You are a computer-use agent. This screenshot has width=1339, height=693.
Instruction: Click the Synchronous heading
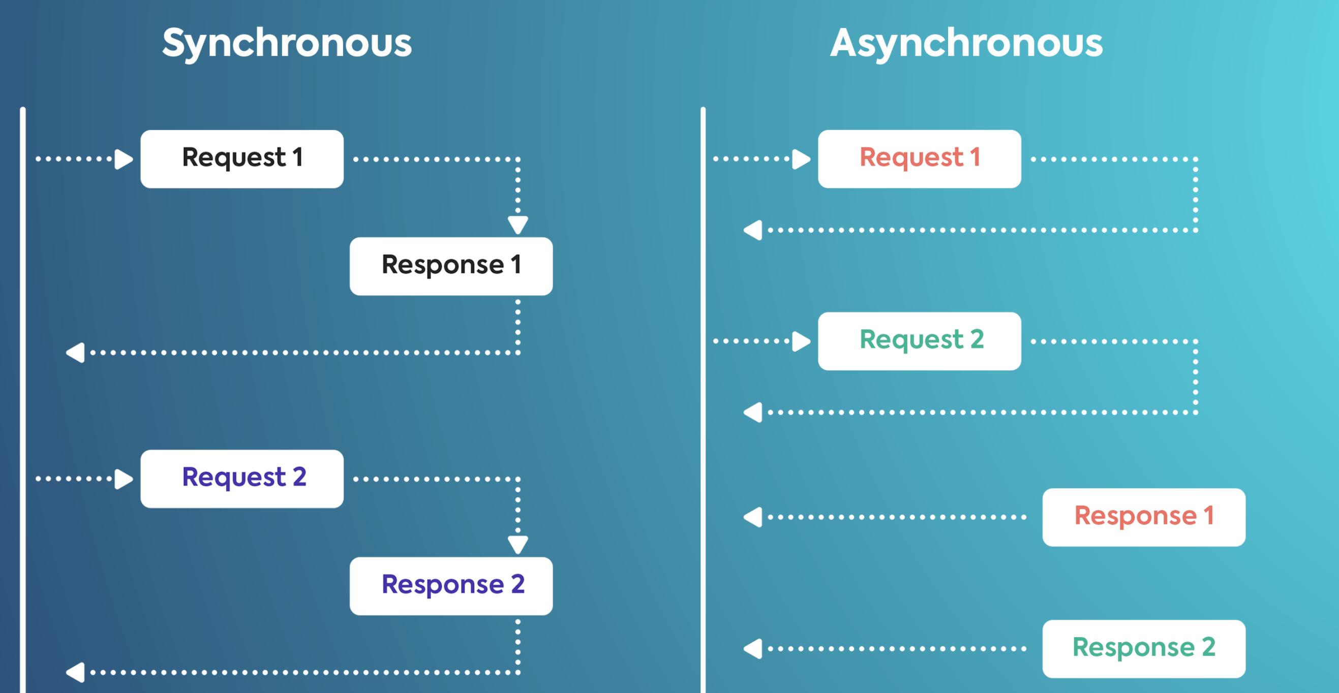(x=287, y=44)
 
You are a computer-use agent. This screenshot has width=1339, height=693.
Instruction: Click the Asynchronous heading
(x=966, y=44)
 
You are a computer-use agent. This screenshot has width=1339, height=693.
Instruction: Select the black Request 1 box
(x=241, y=159)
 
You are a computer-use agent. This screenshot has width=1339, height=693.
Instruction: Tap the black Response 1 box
(x=451, y=267)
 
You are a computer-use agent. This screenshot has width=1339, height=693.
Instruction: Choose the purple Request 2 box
(x=241, y=479)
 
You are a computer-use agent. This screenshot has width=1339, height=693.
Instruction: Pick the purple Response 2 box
(x=451, y=586)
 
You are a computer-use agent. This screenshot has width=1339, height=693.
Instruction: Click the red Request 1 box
(x=920, y=159)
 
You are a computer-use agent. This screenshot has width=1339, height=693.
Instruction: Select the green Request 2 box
(x=920, y=341)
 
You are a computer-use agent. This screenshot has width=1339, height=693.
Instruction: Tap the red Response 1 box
(x=1144, y=517)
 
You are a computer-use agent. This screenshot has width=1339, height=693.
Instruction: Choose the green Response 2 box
(x=1144, y=649)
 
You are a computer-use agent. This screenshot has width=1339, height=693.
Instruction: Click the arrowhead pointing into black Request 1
(x=124, y=159)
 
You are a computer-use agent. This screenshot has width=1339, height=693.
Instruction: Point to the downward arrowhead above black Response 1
(x=518, y=226)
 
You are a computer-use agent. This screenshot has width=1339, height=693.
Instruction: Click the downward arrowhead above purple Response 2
(x=518, y=546)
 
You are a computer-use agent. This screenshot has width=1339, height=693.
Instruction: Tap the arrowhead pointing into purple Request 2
(x=124, y=479)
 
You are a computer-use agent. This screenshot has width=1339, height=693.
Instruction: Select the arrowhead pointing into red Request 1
(x=802, y=159)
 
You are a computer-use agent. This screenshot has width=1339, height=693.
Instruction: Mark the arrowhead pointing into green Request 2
(x=802, y=341)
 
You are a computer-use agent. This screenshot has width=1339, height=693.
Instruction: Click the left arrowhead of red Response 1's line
(x=753, y=517)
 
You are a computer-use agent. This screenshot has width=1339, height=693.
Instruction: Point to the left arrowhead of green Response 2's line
(x=753, y=649)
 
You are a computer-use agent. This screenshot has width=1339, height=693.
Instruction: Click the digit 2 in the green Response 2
(x=1209, y=647)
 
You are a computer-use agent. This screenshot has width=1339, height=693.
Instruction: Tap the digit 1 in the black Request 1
(x=298, y=157)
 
